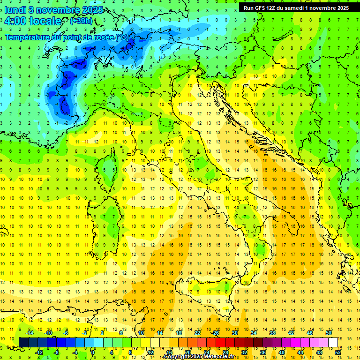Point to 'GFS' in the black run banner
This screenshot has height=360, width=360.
click(261, 7)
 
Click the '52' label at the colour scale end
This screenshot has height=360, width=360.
click(338, 352)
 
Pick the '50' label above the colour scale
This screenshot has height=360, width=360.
click(329, 333)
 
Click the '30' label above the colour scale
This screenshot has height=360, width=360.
click(235, 333)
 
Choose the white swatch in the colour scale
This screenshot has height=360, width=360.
click(333, 342)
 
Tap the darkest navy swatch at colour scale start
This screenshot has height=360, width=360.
click(23, 342)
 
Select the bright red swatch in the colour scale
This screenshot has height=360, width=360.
click(220, 342)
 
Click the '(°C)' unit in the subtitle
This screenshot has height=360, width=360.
click(121, 37)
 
